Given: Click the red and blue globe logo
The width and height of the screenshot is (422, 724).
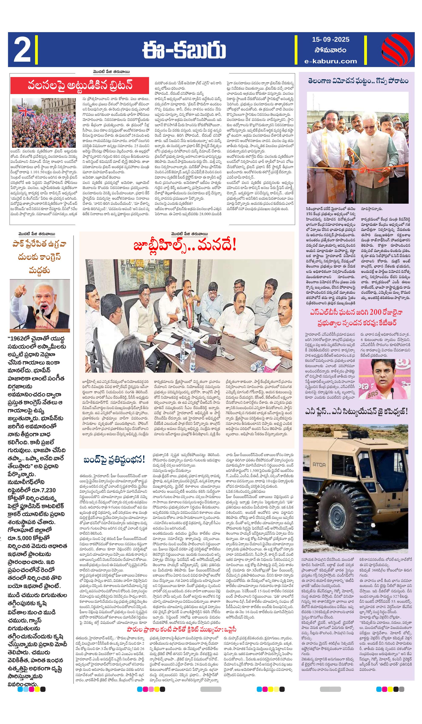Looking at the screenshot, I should (x=397, y=49).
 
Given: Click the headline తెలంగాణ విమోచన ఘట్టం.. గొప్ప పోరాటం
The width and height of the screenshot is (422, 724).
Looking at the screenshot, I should (x=358, y=81).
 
